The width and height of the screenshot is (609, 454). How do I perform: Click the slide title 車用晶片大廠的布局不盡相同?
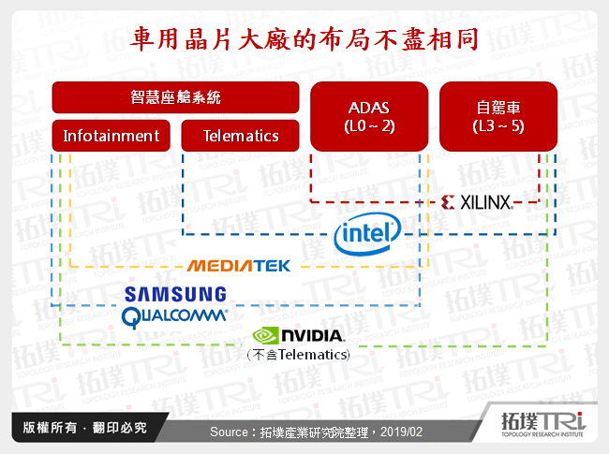(x=304, y=40)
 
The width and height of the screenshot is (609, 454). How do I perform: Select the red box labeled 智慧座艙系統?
(x=175, y=97)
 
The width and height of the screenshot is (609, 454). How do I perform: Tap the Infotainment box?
(x=111, y=136)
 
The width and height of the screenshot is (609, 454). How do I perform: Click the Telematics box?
(x=242, y=136)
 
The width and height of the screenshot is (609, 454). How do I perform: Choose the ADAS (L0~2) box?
(x=367, y=116)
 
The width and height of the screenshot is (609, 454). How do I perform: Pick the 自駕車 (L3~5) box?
(x=498, y=116)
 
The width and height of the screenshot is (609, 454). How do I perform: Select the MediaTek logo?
(x=239, y=266)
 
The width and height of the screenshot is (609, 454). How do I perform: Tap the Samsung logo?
(x=176, y=295)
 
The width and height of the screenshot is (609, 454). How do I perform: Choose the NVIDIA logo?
(x=299, y=335)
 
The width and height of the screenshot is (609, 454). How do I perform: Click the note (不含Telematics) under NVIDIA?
(x=298, y=355)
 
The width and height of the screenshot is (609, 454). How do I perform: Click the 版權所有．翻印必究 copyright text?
(x=79, y=427)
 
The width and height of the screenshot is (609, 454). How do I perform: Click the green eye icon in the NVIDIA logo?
(x=265, y=335)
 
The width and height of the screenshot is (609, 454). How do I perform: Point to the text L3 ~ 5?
(x=498, y=126)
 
